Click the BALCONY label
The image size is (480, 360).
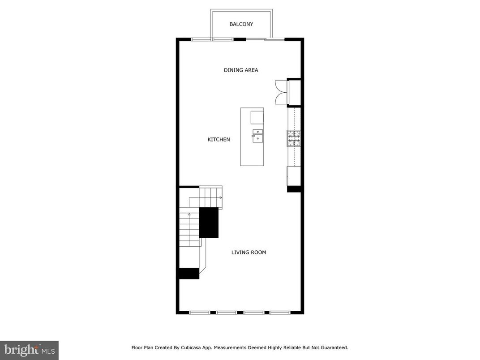241,24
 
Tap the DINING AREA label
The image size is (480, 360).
241,70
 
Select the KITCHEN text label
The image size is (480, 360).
219,140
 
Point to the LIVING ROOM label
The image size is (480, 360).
249,253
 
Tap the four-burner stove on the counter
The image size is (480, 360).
293,138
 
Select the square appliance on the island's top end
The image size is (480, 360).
257,117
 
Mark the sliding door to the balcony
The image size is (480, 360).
266,40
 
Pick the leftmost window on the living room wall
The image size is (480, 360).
199,312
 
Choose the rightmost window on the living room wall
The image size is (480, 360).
280,312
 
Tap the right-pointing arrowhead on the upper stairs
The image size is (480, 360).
221,197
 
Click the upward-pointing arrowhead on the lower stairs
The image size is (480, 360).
189,214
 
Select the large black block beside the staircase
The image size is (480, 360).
209,223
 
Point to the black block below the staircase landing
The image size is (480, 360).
189,273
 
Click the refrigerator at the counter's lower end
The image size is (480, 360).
293,176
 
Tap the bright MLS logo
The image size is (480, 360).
29,350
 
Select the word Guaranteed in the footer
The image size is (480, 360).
332,347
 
